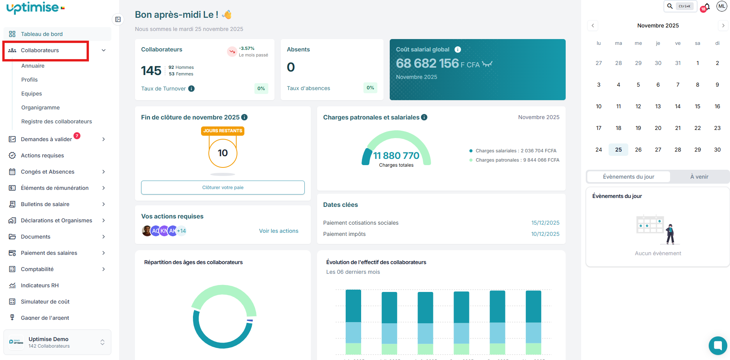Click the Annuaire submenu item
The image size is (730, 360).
coord(33,66)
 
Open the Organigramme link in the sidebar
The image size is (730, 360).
coord(40,107)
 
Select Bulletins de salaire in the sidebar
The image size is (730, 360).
coord(45,204)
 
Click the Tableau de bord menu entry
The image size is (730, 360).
coord(42,34)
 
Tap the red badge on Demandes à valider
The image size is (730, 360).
coord(77,136)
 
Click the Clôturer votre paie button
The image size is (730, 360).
coord(223,188)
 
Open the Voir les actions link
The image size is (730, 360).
coord(278,231)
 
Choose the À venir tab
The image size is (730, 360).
coord(699,177)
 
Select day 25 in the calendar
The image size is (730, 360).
coord(618,150)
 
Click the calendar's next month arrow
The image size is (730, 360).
coord(723,26)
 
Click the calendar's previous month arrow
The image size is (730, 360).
coord(593,26)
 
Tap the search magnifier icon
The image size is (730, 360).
coord(670,6)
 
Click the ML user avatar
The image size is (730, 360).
coord(721,6)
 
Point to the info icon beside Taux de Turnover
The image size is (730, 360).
coord(191,89)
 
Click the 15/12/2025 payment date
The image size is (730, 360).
coord(545,223)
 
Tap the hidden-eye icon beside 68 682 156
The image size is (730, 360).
coord(487,64)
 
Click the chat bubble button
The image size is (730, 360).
coord(718,345)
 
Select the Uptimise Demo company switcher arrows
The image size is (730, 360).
coord(102,342)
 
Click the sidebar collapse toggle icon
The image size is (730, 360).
coord(118,19)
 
